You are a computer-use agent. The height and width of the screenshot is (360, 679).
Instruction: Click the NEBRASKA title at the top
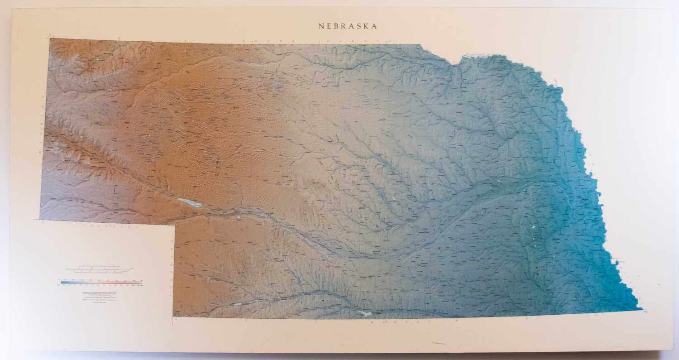[x=348, y=26]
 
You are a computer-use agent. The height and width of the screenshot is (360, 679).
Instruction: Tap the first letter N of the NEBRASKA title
[x=321, y=26]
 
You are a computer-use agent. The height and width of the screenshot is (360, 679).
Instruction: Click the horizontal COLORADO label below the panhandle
[x=109, y=225]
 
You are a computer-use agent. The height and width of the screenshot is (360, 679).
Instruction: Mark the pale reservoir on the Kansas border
[x=364, y=313]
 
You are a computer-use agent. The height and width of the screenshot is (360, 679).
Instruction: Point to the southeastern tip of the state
[x=642, y=310]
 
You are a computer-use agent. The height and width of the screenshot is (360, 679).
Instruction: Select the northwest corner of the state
[x=49, y=39]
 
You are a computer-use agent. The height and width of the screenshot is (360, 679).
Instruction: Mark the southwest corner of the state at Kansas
[x=173, y=317]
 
